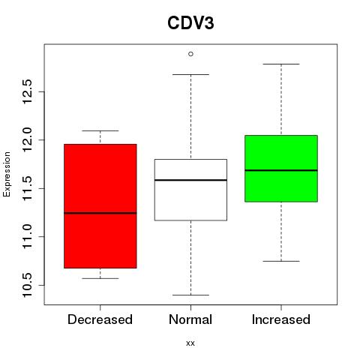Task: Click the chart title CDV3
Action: click(x=190, y=23)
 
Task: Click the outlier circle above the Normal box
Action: click(x=190, y=54)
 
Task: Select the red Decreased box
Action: click(x=100, y=206)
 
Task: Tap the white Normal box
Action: click(x=190, y=190)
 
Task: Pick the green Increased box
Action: click(x=281, y=169)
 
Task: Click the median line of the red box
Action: click(x=100, y=213)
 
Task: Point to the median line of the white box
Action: click(x=190, y=180)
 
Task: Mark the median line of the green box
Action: click(x=281, y=170)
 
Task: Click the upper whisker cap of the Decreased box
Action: click(x=100, y=130)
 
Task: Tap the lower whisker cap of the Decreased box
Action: click(x=100, y=278)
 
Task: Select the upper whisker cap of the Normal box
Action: click(x=190, y=74)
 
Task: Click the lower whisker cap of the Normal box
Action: click(x=190, y=295)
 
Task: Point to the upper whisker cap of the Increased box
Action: click(x=281, y=64)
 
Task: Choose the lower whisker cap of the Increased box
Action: click(x=281, y=261)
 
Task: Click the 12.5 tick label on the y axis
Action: click(x=27, y=91)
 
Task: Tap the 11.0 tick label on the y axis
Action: click(x=27, y=236)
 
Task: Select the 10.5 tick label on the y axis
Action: click(x=27, y=285)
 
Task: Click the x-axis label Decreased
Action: click(x=100, y=319)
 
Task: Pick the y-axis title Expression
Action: click(x=7, y=174)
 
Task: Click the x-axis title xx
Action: click(x=190, y=343)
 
